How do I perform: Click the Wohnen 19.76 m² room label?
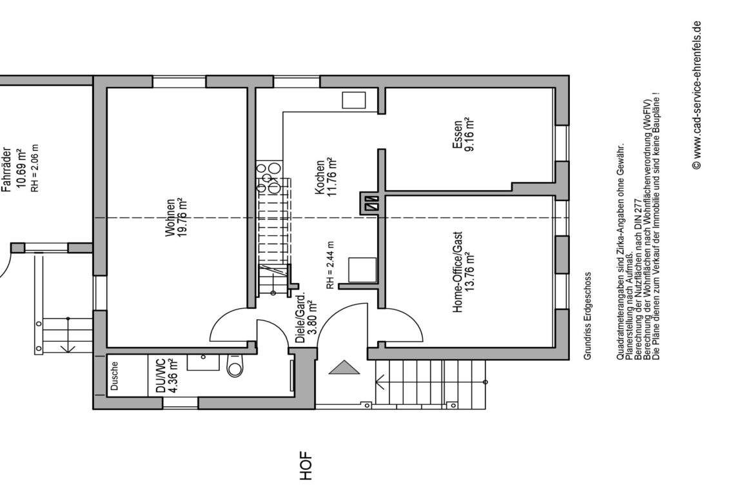(x=176, y=217)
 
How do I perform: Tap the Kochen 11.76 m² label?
(x=326, y=177)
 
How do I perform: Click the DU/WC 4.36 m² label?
(x=166, y=376)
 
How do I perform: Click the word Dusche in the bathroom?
(x=114, y=376)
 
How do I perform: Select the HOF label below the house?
(x=306, y=465)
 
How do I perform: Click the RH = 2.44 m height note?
(x=330, y=265)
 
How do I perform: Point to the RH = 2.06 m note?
(x=35, y=168)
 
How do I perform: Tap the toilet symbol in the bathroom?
(x=235, y=366)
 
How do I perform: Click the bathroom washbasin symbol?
(x=204, y=362)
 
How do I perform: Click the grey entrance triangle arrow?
(x=344, y=367)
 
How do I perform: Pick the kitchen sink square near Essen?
(x=354, y=101)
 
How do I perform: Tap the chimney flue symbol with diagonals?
(x=372, y=204)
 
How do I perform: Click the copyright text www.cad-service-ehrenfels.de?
(x=696, y=95)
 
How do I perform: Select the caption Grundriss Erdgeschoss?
(x=588, y=316)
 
